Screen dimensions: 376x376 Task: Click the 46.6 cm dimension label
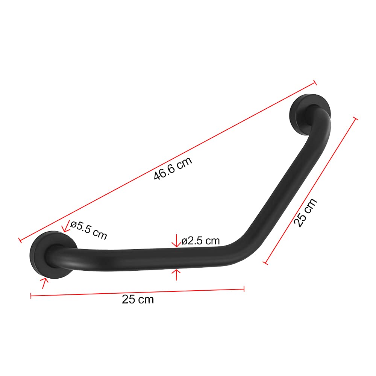(x=173, y=168)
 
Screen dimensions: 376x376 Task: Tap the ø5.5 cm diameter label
(x=89, y=230)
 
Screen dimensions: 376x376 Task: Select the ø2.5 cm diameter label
(x=201, y=241)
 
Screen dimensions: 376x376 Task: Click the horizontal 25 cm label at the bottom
(x=138, y=300)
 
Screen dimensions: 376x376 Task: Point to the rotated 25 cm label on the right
(x=305, y=213)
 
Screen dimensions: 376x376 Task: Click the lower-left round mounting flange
(x=53, y=255)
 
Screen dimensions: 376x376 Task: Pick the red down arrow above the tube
(x=176, y=241)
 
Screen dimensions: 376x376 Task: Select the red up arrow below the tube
(x=176, y=275)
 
